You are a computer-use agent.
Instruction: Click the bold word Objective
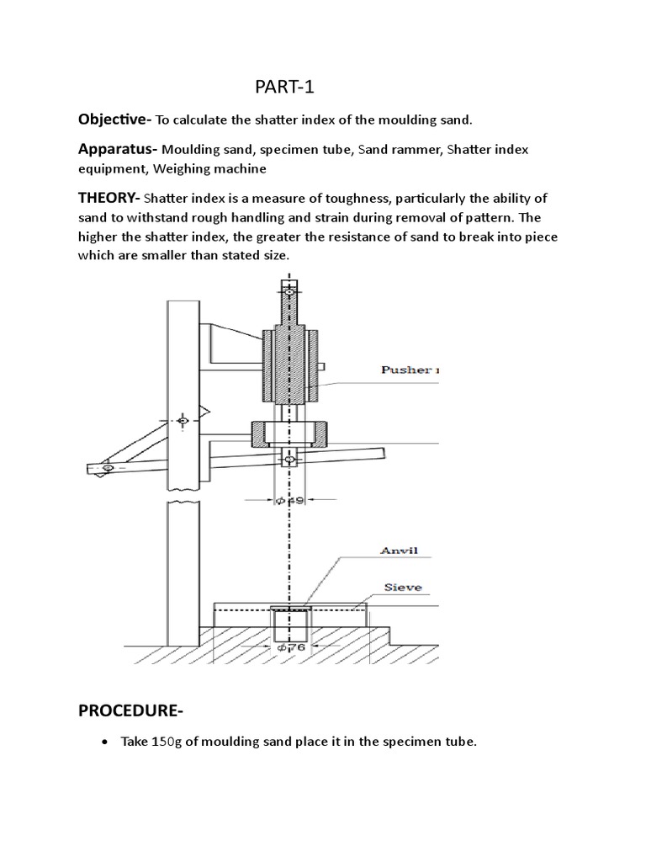[114, 120]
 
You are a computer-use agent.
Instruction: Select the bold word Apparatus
[117, 149]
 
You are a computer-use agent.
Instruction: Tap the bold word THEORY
[109, 199]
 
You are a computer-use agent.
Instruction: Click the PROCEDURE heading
[130, 710]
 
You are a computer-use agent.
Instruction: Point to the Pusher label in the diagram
[407, 369]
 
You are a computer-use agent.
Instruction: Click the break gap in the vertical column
[183, 497]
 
